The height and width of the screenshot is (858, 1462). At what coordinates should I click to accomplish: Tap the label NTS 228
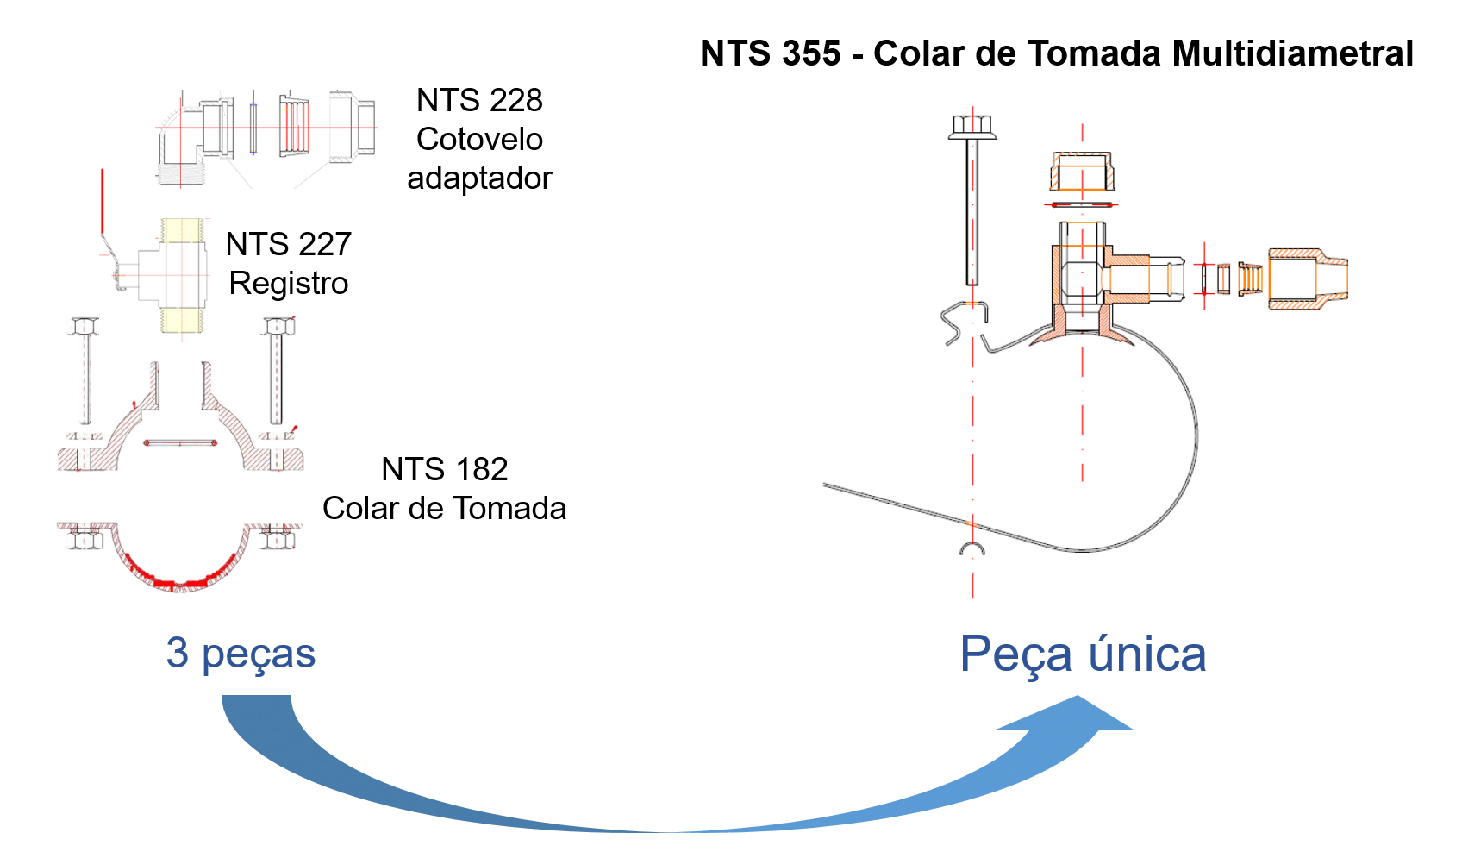click(x=479, y=101)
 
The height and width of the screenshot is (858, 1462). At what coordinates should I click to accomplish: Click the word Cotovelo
click(x=479, y=139)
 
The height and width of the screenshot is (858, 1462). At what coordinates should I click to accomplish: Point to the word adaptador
click(x=479, y=178)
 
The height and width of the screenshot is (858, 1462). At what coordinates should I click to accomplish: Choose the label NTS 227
click(x=288, y=245)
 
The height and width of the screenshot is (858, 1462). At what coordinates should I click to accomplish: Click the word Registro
click(x=288, y=284)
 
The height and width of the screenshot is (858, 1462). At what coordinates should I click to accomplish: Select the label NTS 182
click(x=444, y=470)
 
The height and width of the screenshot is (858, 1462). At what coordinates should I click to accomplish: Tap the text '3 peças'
click(x=241, y=654)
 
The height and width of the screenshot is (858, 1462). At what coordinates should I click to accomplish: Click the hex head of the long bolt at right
click(x=972, y=128)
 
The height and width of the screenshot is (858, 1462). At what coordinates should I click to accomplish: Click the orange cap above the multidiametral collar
click(x=1082, y=172)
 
